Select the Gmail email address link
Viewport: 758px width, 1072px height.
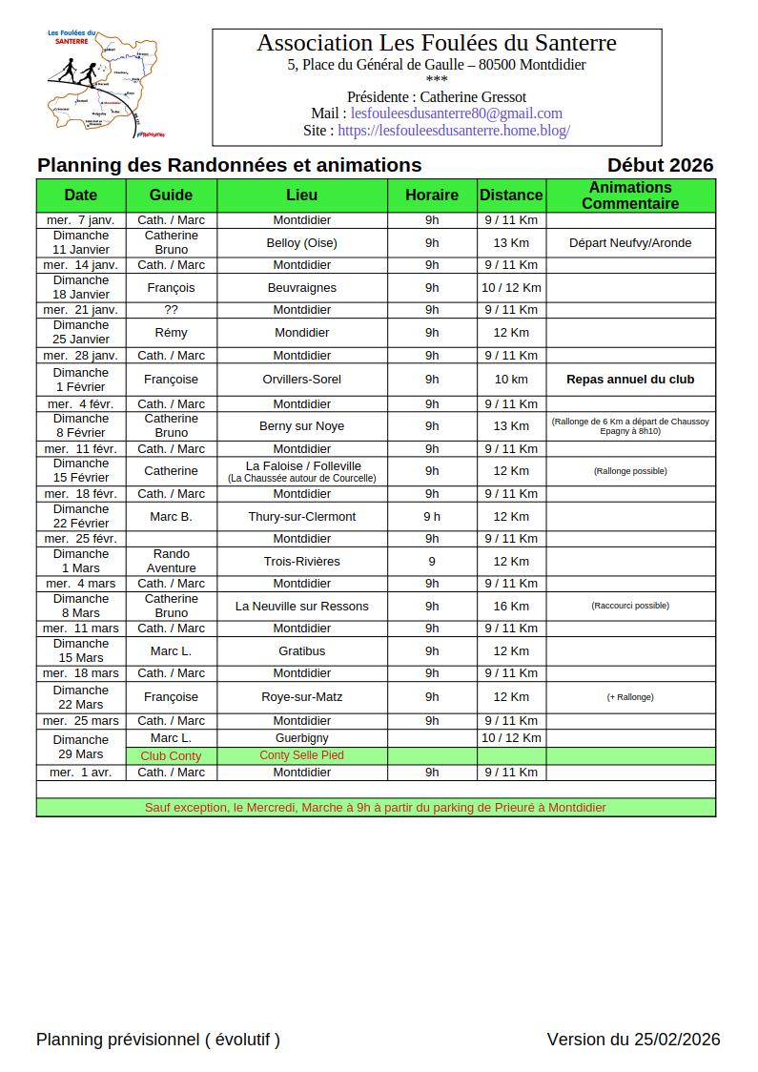coord(456,113)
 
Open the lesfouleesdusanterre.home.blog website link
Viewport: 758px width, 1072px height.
coord(453,131)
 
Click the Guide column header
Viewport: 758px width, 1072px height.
coord(172,195)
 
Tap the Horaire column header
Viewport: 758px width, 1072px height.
coord(432,195)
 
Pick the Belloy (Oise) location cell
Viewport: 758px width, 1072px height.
coord(302,243)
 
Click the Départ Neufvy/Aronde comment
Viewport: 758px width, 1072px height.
coord(630,243)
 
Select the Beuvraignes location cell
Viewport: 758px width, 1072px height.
coord(302,288)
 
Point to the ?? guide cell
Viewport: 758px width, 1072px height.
coord(172,310)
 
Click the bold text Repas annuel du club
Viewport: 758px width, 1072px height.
coord(630,380)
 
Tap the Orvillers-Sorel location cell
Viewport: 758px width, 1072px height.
coord(302,380)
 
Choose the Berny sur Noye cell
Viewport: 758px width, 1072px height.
coord(302,426)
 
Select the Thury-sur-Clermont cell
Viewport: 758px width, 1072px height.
coord(302,517)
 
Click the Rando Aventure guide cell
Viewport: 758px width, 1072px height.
coord(172,561)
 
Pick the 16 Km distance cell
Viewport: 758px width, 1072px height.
coord(511,606)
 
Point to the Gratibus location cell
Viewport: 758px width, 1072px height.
coord(302,651)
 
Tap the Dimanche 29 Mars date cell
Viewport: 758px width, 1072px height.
coord(81,747)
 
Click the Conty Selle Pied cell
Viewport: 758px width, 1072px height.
coord(302,755)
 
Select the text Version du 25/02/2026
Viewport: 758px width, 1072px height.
coord(633,1040)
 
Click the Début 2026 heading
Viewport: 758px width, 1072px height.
coord(660,165)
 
